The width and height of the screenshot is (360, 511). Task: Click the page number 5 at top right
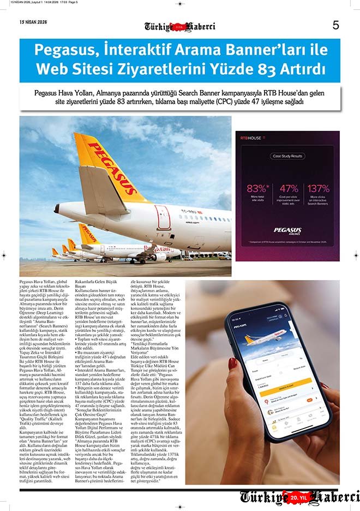[x=335, y=25]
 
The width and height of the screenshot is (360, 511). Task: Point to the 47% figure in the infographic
[x=289, y=188]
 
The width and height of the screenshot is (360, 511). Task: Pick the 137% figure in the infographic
[x=319, y=188]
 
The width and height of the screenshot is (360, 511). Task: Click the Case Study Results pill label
[x=287, y=156]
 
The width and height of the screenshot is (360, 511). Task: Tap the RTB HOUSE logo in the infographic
[x=251, y=139]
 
